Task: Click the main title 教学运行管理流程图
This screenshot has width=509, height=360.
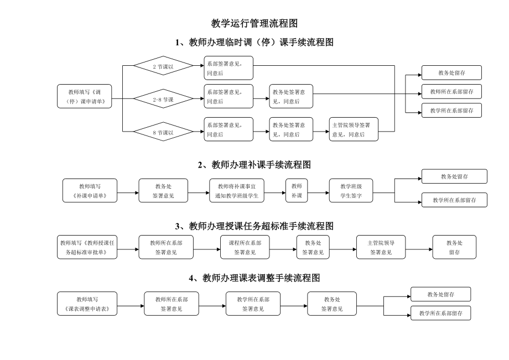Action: click(x=254, y=23)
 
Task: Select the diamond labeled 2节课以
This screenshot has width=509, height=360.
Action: click(x=163, y=66)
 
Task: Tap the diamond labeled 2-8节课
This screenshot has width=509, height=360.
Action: click(x=163, y=100)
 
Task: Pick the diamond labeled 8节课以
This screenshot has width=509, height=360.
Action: click(x=163, y=132)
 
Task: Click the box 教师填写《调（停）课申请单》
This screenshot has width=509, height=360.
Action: click(x=85, y=96)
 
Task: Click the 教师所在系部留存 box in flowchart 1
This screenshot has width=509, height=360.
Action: click(x=451, y=91)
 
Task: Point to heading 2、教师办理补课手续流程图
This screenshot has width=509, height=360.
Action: click(x=254, y=165)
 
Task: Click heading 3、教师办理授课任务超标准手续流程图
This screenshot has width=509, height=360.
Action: click(x=254, y=226)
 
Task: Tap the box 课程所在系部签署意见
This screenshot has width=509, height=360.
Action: click(x=245, y=247)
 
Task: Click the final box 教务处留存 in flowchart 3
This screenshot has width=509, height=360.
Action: click(x=454, y=247)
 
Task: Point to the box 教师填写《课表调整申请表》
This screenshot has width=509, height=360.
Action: click(x=87, y=304)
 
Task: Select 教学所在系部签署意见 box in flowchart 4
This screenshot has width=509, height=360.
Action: click(x=253, y=304)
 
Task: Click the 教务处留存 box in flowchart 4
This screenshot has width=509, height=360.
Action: click(x=440, y=294)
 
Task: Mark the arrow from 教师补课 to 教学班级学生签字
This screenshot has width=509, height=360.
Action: click(x=318, y=192)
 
